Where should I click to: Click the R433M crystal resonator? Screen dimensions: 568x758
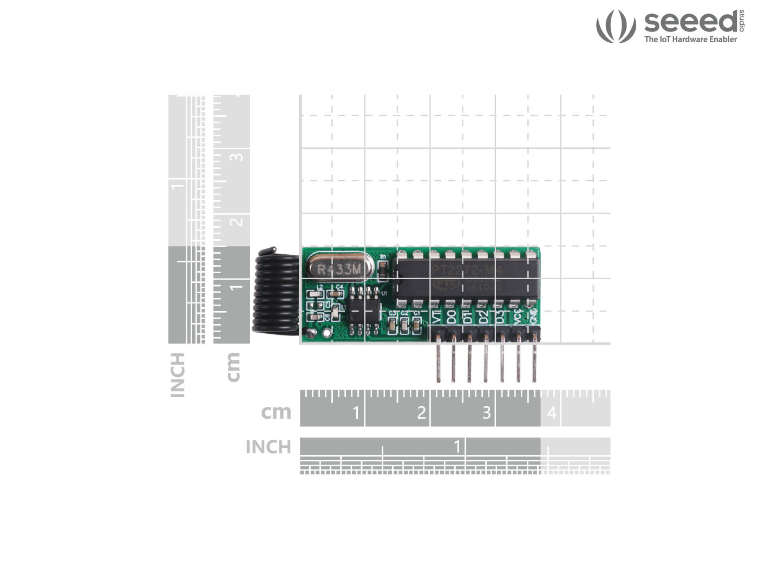339,268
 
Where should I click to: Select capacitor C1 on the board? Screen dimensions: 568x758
416,324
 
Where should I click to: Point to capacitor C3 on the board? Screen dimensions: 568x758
393,324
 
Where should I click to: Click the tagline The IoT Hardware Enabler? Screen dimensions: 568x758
690,39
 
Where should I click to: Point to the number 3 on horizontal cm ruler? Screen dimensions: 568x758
486,413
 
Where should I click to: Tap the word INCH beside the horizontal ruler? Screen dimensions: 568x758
269,447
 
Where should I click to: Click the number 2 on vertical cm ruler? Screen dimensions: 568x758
236,221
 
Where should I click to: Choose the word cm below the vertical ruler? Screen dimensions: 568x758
233,367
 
